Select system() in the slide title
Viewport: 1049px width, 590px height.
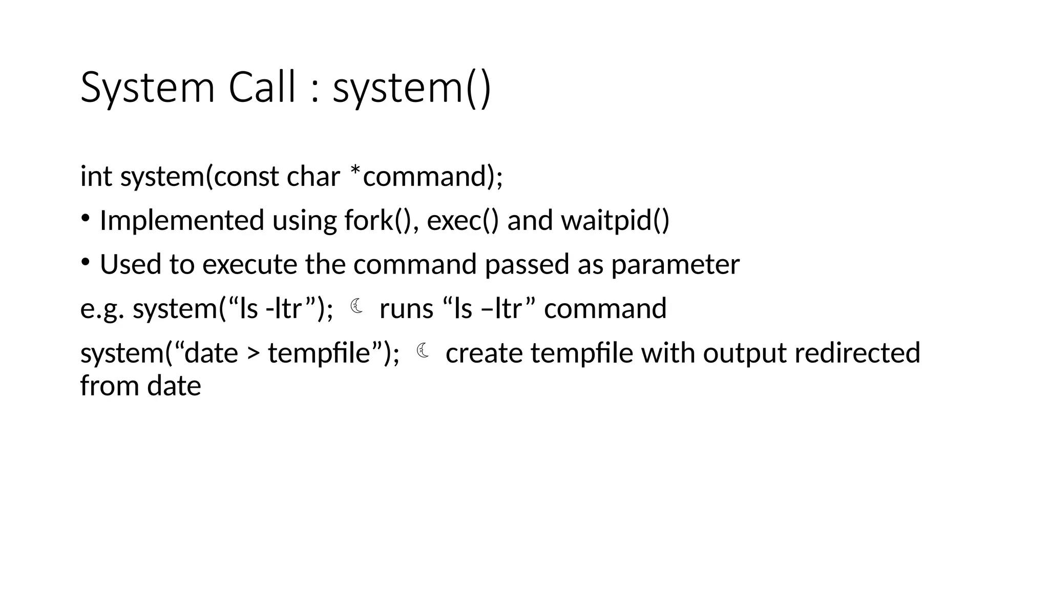(x=412, y=88)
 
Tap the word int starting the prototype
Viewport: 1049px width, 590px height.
(x=96, y=177)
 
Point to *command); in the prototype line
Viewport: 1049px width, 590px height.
(x=426, y=177)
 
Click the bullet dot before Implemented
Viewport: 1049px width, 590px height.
(x=86, y=219)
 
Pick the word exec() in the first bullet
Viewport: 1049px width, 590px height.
(x=462, y=221)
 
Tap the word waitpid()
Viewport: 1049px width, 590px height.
(x=615, y=221)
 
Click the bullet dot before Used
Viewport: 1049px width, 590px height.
(x=86, y=263)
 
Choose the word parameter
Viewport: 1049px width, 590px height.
(x=675, y=265)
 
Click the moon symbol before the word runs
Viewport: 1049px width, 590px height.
(x=357, y=307)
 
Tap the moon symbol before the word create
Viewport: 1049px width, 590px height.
(x=423, y=351)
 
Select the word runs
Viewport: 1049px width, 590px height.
(x=406, y=309)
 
